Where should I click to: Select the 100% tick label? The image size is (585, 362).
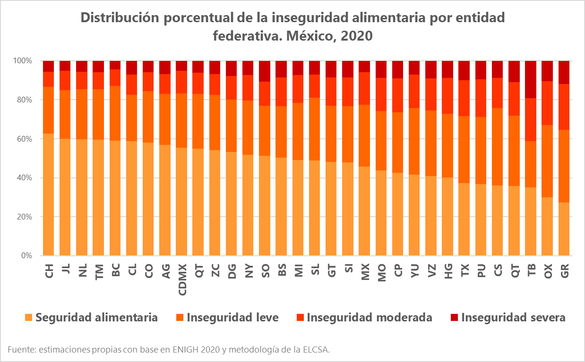click(22, 61)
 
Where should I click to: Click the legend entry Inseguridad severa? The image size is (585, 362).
click(513, 317)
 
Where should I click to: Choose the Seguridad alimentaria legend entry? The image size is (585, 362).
click(96, 317)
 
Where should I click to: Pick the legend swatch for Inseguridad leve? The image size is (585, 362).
click(181, 318)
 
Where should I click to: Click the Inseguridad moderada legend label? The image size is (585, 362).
click(369, 317)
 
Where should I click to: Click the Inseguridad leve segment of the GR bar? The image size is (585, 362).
click(564, 165)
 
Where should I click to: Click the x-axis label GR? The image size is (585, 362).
click(564, 271)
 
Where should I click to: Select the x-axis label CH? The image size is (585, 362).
click(49, 271)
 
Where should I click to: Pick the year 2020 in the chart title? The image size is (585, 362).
click(357, 36)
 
